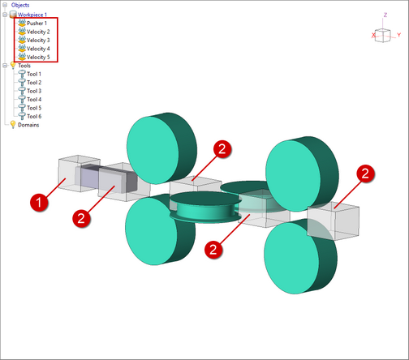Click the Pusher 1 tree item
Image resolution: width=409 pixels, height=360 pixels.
37,24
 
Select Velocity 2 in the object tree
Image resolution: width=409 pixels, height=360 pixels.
38,32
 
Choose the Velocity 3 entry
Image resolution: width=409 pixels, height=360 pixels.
38,41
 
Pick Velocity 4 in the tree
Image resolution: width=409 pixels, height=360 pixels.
38,49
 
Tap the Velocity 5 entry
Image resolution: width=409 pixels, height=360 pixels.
38,57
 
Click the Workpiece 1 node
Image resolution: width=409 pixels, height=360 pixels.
32,15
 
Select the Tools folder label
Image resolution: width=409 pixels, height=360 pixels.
24,66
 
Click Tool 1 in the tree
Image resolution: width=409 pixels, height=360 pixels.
34,74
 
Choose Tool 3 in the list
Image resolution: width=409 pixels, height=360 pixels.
34,91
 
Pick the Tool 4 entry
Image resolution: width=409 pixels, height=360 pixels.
34,99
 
